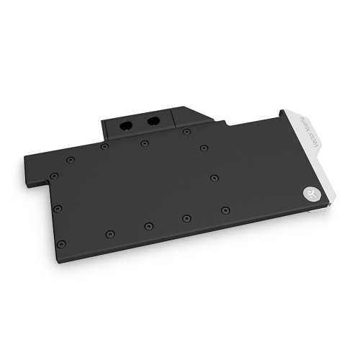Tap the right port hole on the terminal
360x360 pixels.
153,121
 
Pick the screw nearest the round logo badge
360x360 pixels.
225,210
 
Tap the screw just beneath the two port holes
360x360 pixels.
145,143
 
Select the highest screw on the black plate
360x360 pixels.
186,132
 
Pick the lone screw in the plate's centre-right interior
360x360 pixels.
213,176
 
